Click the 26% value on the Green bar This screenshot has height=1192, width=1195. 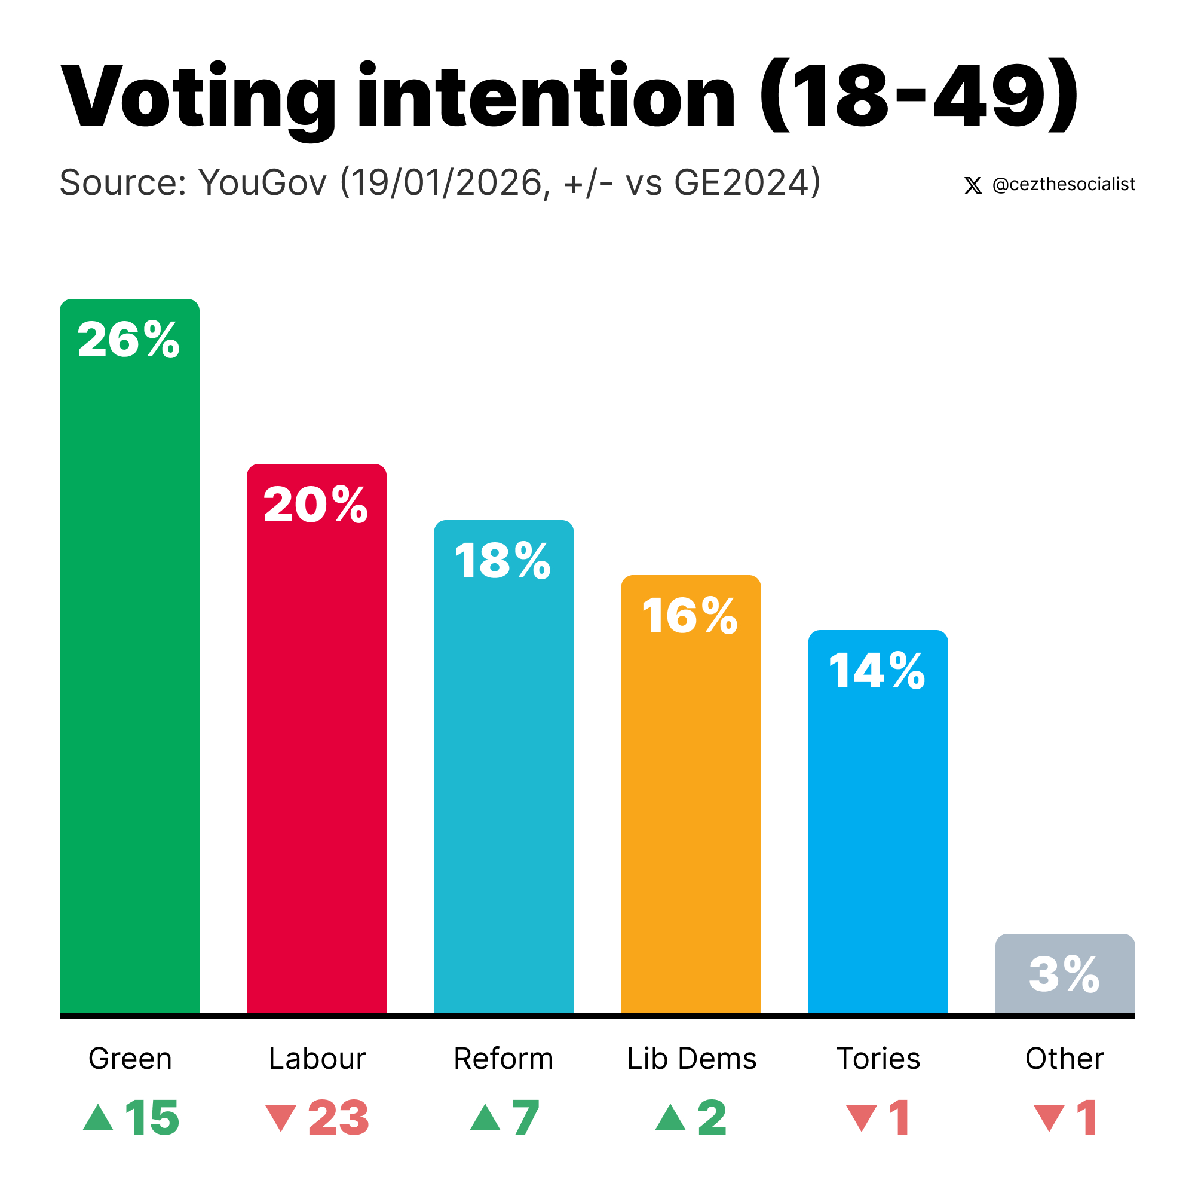point(128,340)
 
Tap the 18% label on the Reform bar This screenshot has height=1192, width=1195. point(503,561)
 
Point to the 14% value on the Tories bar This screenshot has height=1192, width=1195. point(877,671)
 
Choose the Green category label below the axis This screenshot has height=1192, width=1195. point(130,1058)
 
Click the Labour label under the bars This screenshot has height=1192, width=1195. point(317,1058)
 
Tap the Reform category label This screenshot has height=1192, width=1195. point(504,1058)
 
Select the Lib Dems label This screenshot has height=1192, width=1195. point(691,1058)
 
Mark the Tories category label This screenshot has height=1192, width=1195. point(878,1058)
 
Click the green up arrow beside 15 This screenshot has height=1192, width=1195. point(99,1118)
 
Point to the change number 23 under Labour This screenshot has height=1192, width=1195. point(338,1118)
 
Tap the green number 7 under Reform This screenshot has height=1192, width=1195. point(525,1118)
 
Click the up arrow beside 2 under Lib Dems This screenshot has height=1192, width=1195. point(670,1118)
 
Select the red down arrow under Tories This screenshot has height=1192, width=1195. point(861,1119)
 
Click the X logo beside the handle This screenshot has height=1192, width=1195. point(972,185)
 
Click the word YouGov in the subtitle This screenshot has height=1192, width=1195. point(262,182)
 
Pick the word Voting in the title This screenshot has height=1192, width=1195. point(198,98)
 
